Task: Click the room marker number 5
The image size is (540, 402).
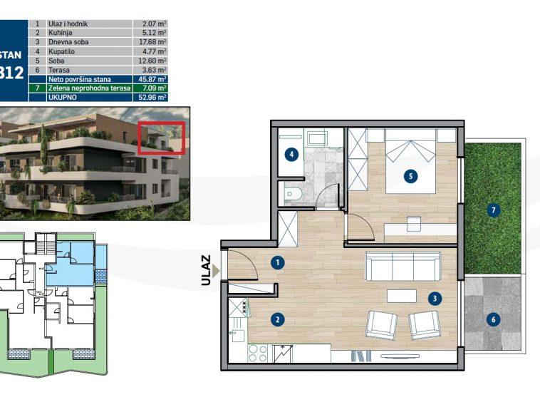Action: coord(410,175)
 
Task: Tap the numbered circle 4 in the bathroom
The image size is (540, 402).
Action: coord(291,154)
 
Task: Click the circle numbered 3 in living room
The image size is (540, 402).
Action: coord(434,299)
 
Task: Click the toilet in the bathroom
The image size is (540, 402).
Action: coord(292,192)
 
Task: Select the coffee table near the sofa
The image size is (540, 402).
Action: coord(402,295)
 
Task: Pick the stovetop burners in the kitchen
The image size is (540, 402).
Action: coord(258,354)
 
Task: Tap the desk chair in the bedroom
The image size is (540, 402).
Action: coord(414,224)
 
